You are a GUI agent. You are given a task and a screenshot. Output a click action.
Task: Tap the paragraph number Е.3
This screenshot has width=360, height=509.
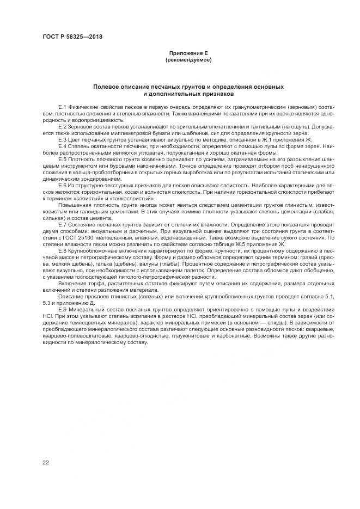[x=62, y=139]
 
